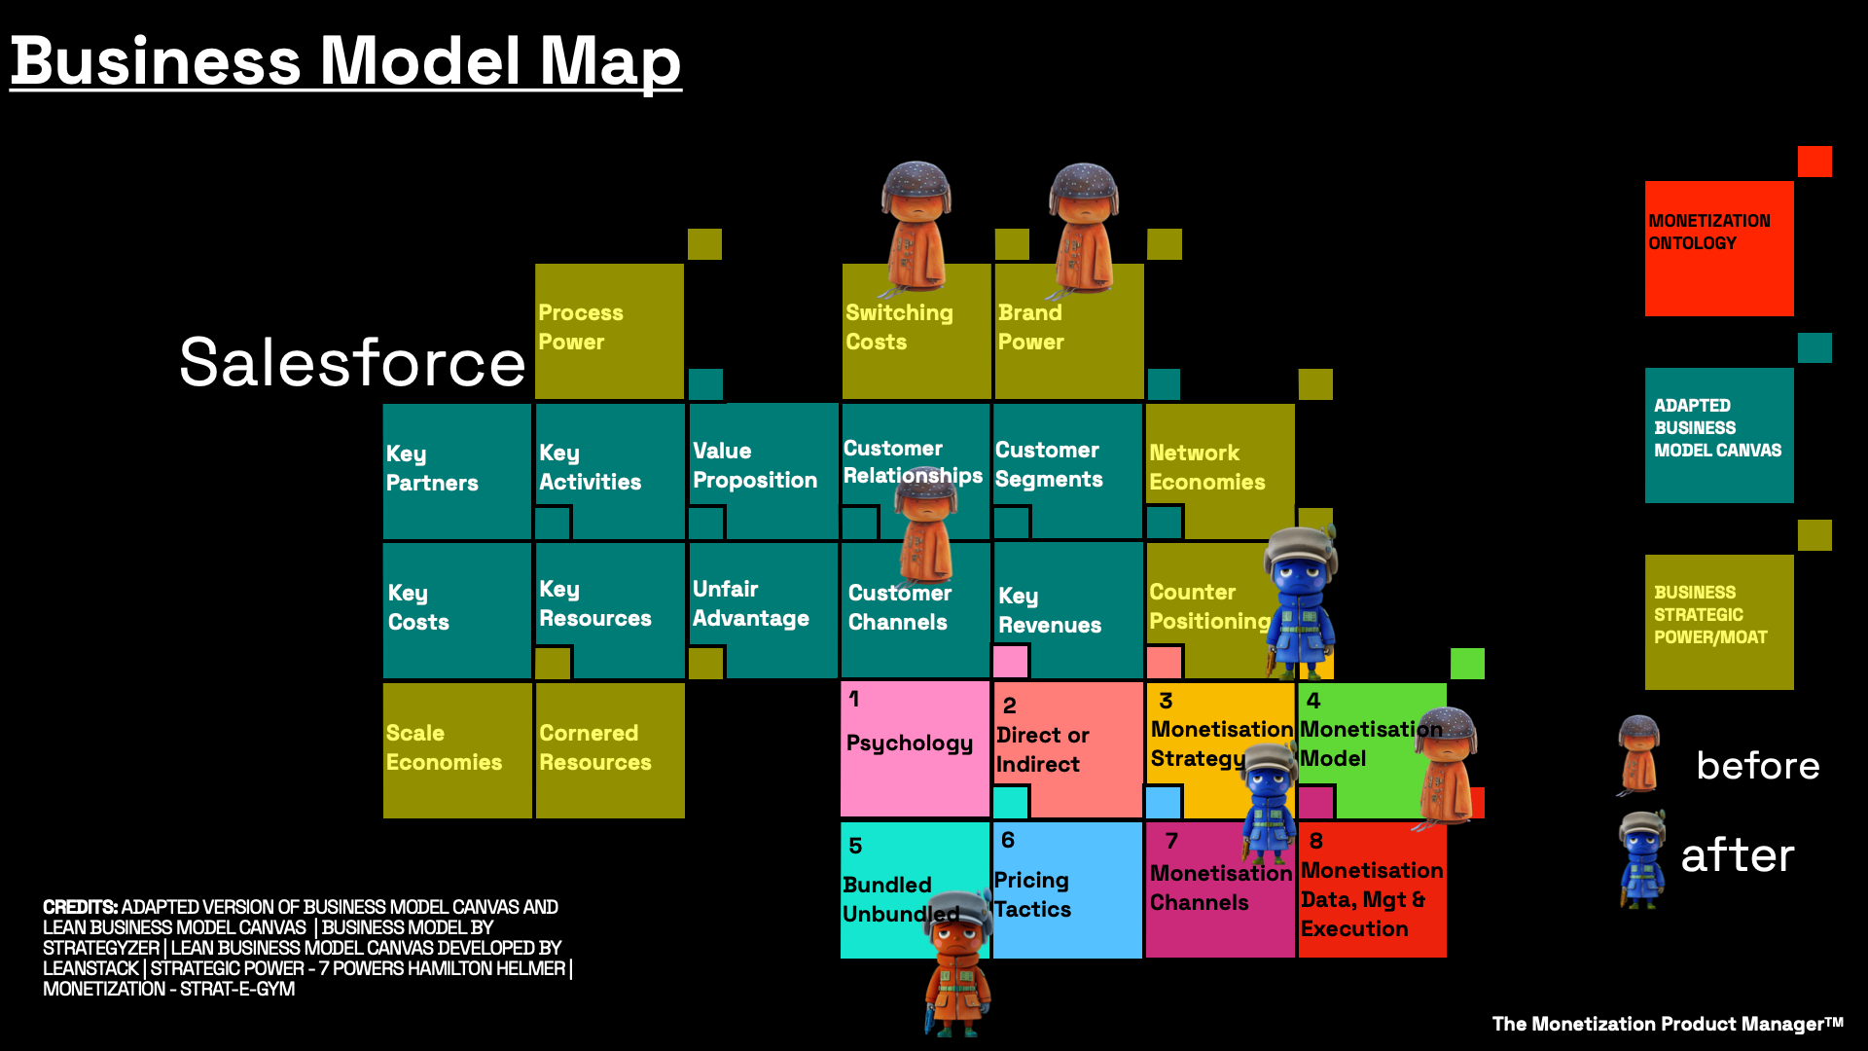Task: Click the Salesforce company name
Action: click(x=352, y=362)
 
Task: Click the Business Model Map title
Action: click(x=345, y=60)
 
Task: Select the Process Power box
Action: click(x=609, y=331)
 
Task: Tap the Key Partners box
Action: click(x=456, y=471)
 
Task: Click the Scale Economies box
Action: click(x=456, y=749)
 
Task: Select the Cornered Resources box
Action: click(x=609, y=749)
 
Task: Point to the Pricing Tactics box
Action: click(x=1066, y=891)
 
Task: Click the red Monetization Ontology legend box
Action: click(x=1718, y=248)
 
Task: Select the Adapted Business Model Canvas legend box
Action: click(x=1718, y=434)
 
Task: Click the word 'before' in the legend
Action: click(x=1757, y=766)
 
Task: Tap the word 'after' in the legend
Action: click(x=1738, y=855)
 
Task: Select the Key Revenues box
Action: click(x=1066, y=609)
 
